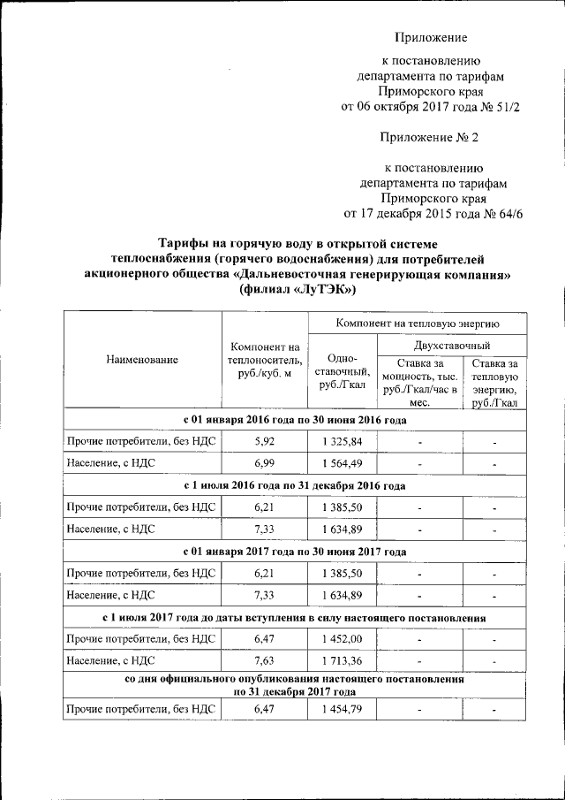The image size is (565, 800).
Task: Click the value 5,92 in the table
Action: [x=264, y=440]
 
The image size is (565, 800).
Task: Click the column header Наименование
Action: [x=142, y=360]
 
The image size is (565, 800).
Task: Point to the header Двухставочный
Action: [x=452, y=345]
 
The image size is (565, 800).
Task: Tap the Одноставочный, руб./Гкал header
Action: [x=342, y=370]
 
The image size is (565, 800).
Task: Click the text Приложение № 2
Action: [x=429, y=138]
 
